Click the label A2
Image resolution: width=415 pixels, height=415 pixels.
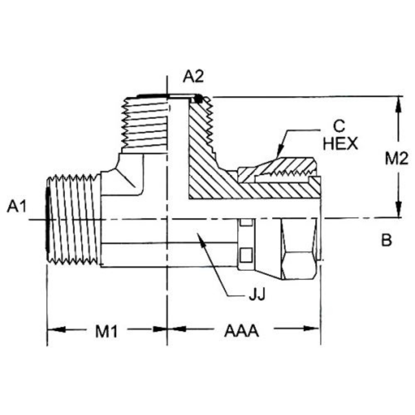[193, 76]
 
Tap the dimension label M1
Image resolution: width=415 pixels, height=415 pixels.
[106, 331]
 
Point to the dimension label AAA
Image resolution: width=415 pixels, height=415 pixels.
[241, 331]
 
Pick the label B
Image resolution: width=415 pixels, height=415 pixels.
[386, 240]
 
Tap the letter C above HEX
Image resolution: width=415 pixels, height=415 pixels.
[340, 126]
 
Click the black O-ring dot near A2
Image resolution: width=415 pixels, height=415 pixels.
[198, 99]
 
